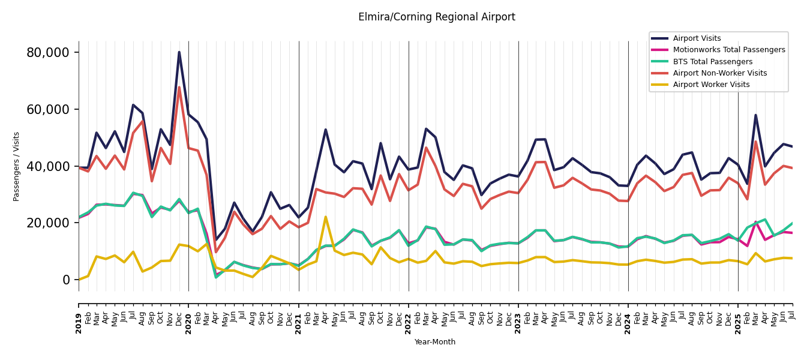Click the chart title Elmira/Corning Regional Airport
[436, 17]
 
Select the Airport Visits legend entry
[697, 38]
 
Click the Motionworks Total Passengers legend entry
[728, 50]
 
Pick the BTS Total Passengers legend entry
[712, 62]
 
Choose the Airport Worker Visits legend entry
[711, 85]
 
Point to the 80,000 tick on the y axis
[48, 53]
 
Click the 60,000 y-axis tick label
[48, 110]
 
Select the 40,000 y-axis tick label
[48, 166]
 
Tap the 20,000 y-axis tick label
[48, 223]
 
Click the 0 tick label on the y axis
[66, 280]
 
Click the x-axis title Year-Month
[435, 342]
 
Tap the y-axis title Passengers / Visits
[17, 166]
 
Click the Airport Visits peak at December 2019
[179, 52]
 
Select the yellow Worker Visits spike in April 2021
[326, 217]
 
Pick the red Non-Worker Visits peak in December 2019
[179, 88]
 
